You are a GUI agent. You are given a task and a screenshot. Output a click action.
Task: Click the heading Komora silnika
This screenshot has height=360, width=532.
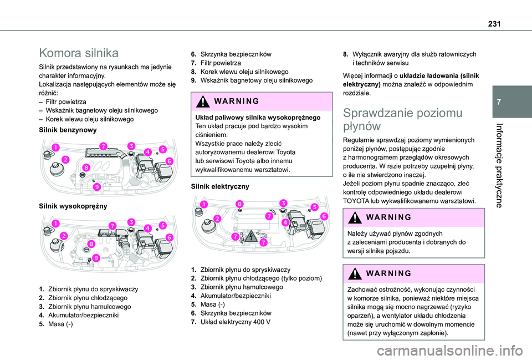pos(78,53)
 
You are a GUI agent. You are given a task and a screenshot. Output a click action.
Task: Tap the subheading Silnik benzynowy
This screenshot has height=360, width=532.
pos(66,129)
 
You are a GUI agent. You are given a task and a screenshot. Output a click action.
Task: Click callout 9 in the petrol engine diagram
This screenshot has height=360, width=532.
pos(96,187)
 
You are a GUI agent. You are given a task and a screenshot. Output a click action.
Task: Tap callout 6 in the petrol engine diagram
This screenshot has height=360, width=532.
pos(169,160)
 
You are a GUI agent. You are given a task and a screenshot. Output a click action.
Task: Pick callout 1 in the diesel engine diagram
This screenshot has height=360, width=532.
pos(55,223)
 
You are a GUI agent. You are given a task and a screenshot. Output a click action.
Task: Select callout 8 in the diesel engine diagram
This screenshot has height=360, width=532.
pos(90,244)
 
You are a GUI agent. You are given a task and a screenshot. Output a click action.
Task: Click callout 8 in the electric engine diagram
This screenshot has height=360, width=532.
pos(239,204)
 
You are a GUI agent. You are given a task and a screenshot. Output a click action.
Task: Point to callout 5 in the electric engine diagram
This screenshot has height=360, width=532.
pos(314,207)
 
